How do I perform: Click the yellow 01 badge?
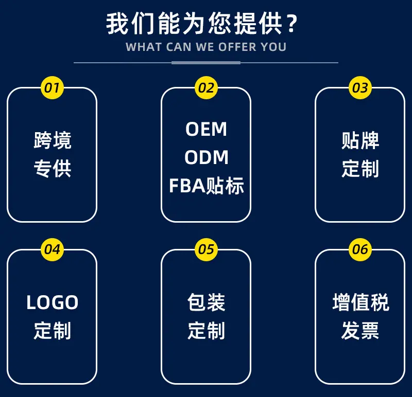point(53,87)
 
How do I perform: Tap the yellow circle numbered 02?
point(207,87)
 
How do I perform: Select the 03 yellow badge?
point(360,87)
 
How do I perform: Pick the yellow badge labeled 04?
point(53,249)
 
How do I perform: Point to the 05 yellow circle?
point(207,249)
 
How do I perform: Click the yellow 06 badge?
point(360,249)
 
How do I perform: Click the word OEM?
point(207,129)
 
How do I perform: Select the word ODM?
point(207,157)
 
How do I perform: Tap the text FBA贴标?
point(207,186)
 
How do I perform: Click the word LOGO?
point(53,302)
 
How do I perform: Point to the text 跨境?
point(53,140)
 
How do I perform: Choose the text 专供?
point(53,169)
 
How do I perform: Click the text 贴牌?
point(360,140)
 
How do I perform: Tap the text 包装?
point(207,302)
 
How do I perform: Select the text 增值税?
point(360,302)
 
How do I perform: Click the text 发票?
point(360,330)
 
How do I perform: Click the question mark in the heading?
point(292,24)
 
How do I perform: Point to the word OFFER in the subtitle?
point(237,47)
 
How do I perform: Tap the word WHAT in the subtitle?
point(144,47)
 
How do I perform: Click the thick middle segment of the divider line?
point(206,63)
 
